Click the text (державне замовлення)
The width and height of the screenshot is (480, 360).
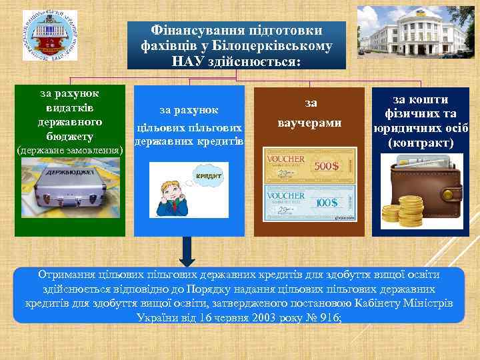69,150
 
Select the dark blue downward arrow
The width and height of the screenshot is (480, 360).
189,253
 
